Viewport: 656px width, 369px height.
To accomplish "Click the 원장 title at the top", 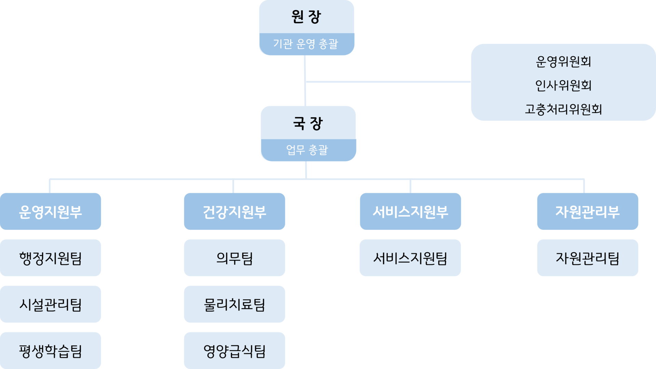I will click(x=306, y=17).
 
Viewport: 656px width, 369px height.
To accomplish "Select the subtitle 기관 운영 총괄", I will click(x=306, y=44).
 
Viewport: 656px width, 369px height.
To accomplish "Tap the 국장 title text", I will click(x=308, y=123).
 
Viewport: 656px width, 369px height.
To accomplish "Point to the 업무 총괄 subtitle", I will click(x=307, y=150).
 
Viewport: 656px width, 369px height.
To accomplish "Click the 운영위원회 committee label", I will click(x=563, y=62).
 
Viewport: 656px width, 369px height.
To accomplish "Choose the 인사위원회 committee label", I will click(x=563, y=85).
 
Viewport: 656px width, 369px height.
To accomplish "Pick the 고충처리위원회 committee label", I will click(x=563, y=109).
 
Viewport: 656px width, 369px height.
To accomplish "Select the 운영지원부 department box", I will click(x=51, y=212).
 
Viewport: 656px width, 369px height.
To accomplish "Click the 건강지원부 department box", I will click(x=234, y=212).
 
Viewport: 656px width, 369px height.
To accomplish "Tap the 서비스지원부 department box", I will click(x=410, y=212).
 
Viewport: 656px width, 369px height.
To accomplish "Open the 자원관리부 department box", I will click(x=588, y=212).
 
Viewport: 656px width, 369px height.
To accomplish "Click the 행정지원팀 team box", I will click(x=51, y=258).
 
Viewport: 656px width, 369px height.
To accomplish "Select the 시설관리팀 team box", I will click(x=51, y=304).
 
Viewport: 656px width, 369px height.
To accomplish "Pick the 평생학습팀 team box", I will click(x=51, y=351).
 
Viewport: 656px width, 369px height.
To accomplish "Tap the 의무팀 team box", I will click(x=234, y=258).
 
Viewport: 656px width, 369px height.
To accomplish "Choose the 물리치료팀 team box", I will click(x=234, y=304).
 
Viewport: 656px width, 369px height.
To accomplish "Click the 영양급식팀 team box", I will click(x=234, y=351).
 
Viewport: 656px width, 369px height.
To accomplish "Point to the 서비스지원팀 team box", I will click(x=410, y=258).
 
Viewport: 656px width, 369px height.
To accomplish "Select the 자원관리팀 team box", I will click(x=588, y=258).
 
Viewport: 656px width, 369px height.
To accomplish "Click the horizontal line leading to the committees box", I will click(x=388, y=82).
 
